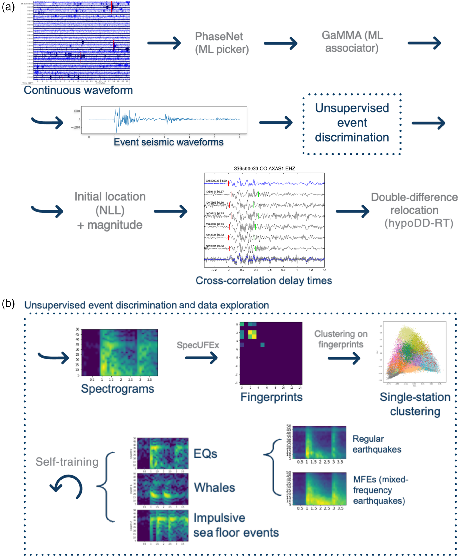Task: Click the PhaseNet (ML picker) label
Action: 221,43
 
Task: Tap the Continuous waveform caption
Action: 78,90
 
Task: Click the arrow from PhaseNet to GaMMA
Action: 281,43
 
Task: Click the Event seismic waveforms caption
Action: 168,142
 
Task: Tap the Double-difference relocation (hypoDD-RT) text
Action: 414,210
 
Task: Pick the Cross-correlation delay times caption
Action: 264,281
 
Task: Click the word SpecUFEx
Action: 198,345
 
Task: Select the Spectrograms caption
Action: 117,389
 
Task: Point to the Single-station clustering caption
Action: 415,404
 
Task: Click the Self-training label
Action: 67,462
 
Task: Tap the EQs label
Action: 205,454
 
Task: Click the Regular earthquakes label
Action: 377,444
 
